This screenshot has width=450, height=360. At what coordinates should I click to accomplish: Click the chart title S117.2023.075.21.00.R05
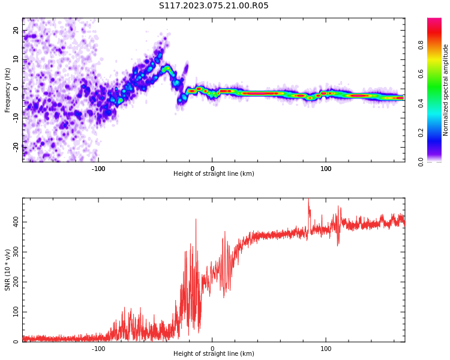tap(214, 6)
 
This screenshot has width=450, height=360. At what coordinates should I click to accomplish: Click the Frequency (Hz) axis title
tap(8, 90)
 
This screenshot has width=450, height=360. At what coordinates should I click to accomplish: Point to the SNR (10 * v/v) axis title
tap(8, 270)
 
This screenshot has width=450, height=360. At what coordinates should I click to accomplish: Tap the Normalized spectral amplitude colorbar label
tap(446, 90)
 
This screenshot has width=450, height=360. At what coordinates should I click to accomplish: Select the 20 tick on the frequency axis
tap(16, 30)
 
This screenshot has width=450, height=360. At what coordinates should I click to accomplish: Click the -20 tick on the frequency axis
tap(16, 146)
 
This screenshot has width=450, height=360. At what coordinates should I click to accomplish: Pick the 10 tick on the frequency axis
tap(16, 59)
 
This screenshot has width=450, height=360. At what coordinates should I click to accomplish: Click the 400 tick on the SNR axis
tap(14, 222)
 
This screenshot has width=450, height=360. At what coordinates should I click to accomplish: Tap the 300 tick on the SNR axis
tap(14, 252)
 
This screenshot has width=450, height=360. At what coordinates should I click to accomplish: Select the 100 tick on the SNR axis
tap(14, 312)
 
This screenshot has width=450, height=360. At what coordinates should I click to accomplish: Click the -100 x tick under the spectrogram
tap(98, 168)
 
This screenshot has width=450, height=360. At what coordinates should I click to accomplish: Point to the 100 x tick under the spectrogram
tap(326, 168)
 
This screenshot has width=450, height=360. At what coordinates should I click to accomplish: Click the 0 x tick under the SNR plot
tap(212, 348)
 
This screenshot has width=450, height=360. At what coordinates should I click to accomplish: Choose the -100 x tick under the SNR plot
tap(98, 348)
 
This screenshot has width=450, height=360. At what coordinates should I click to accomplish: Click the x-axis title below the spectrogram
tap(214, 174)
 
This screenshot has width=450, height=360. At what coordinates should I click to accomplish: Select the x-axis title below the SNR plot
tap(214, 354)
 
